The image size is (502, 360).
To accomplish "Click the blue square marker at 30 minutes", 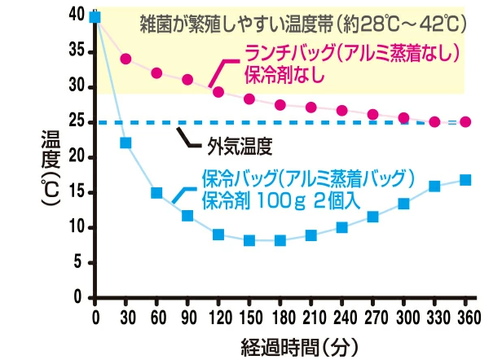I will click(x=126, y=143).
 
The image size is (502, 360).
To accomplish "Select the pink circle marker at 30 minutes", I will click(x=126, y=59).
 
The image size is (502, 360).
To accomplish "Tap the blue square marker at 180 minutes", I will click(x=280, y=240).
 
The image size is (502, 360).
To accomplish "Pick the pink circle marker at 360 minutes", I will click(x=465, y=122).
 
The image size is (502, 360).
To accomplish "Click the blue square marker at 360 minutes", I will click(x=465, y=180).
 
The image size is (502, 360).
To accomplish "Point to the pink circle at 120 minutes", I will click(x=218, y=92).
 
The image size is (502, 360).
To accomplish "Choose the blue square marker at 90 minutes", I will click(x=187, y=216).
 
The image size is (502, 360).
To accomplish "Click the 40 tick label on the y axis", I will click(x=77, y=15).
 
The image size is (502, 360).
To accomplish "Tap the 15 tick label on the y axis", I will click(x=77, y=192).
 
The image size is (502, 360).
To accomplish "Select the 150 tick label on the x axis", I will click(x=249, y=317).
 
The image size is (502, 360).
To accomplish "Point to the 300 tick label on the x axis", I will click(x=403, y=317).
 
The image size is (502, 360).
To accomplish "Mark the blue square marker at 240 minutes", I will click(x=342, y=227).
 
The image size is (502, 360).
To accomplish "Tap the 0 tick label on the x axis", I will click(x=95, y=317).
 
